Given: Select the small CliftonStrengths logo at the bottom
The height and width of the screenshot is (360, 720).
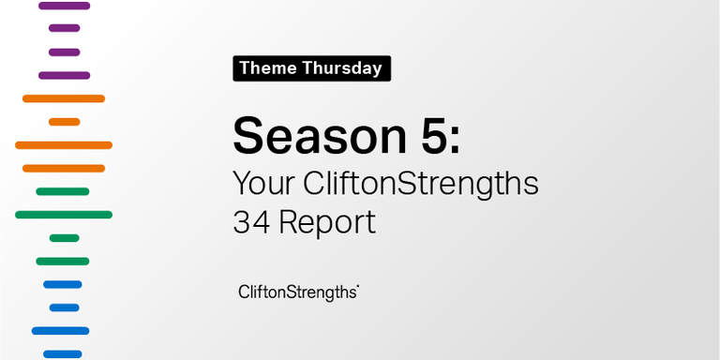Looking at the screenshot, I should (299, 292).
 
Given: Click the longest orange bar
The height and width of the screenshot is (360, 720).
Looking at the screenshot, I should (64, 145).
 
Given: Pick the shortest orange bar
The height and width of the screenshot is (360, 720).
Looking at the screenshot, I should (64, 122).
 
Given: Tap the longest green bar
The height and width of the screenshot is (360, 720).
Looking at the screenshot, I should (64, 215).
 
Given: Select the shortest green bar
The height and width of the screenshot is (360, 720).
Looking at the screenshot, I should (64, 238).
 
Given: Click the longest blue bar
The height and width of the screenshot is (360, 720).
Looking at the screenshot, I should (60, 331).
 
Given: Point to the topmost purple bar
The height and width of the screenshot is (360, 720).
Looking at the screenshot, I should (64, 6).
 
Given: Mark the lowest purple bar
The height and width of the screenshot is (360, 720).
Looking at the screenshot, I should (64, 75).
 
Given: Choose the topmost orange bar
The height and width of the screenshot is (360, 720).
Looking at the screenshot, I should (64, 98).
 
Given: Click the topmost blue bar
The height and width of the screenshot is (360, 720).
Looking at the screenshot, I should (63, 284).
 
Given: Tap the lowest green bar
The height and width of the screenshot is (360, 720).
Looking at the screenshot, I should (63, 261).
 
